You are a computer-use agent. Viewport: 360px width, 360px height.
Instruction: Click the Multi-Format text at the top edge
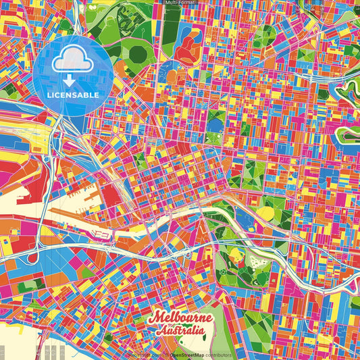(180, 3)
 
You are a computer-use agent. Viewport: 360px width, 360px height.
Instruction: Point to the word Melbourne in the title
(180, 318)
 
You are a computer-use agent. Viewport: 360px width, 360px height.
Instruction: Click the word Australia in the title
(180, 331)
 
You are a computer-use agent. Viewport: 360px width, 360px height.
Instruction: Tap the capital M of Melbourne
(156, 318)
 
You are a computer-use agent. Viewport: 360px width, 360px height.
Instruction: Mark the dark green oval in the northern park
(138, 53)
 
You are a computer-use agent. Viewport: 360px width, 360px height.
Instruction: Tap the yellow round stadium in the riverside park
(265, 213)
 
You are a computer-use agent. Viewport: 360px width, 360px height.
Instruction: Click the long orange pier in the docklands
(74, 215)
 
